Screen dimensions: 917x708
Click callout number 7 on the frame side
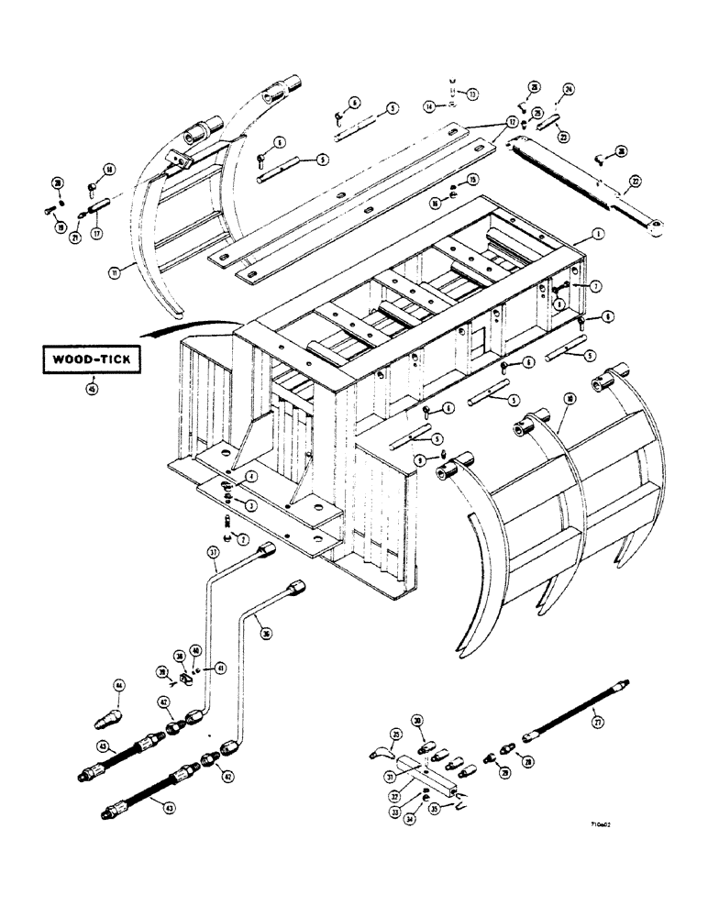[595, 287]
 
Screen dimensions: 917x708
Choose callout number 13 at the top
[472, 94]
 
